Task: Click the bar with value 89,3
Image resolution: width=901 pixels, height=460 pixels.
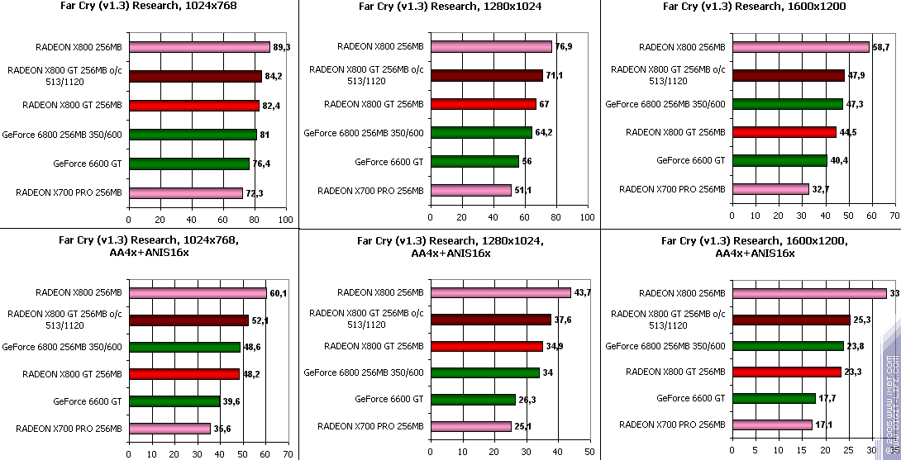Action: point(199,47)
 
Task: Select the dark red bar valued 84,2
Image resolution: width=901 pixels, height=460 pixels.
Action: point(195,76)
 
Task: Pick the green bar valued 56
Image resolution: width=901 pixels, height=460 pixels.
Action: point(474,162)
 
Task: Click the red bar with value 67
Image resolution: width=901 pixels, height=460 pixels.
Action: point(483,104)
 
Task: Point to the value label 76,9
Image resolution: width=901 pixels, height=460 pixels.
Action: point(564,46)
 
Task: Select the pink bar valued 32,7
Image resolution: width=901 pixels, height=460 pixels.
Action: point(770,189)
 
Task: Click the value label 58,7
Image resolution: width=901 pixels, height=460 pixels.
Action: point(881,47)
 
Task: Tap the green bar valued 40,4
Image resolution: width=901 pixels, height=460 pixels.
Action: point(779,160)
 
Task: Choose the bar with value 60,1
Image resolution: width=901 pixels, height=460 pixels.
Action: point(198,292)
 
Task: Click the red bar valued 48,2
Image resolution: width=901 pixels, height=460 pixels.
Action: point(184,374)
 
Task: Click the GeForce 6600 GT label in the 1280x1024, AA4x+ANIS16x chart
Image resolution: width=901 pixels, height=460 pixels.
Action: point(389,399)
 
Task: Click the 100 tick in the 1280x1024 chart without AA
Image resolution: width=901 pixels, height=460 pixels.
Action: point(587,219)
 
